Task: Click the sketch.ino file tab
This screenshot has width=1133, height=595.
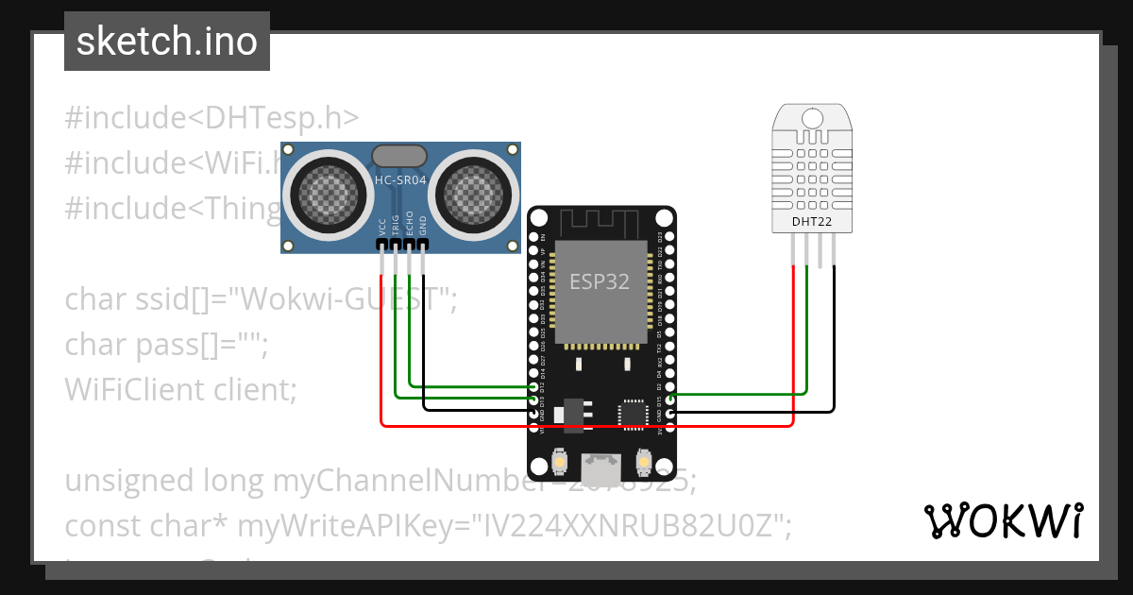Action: click(x=167, y=42)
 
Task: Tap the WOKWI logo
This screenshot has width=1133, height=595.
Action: click(x=1003, y=520)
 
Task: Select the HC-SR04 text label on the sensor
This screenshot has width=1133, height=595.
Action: click(x=400, y=178)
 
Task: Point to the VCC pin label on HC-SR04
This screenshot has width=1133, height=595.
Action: click(x=381, y=227)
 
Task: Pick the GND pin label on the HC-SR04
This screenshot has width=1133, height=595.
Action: click(x=423, y=227)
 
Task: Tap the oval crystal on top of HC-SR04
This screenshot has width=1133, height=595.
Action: click(x=400, y=156)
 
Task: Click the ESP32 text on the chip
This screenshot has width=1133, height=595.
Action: click(x=600, y=281)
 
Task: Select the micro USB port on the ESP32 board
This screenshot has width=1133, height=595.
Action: click(x=600, y=467)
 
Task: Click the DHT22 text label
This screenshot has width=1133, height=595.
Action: click(x=813, y=222)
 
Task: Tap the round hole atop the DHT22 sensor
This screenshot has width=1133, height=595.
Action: click(x=813, y=118)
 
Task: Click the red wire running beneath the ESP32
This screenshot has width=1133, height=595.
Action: click(x=585, y=426)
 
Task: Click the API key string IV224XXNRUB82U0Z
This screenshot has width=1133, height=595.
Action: click(x=632, y=525)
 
